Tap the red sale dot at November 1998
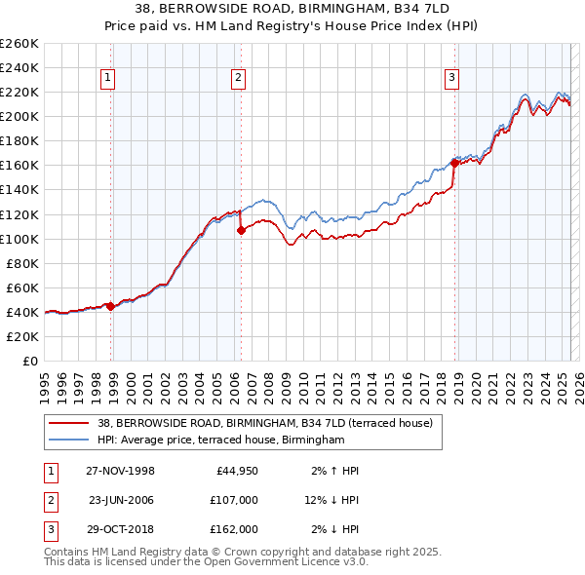point(111,306)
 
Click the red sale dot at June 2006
point(242,230)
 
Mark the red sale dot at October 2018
point(455,163)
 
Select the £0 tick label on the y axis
point(29,361)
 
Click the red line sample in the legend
point(68,423)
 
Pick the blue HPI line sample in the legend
point(68,441)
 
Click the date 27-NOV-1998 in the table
point(120,471)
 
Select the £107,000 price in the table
point(234,500)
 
